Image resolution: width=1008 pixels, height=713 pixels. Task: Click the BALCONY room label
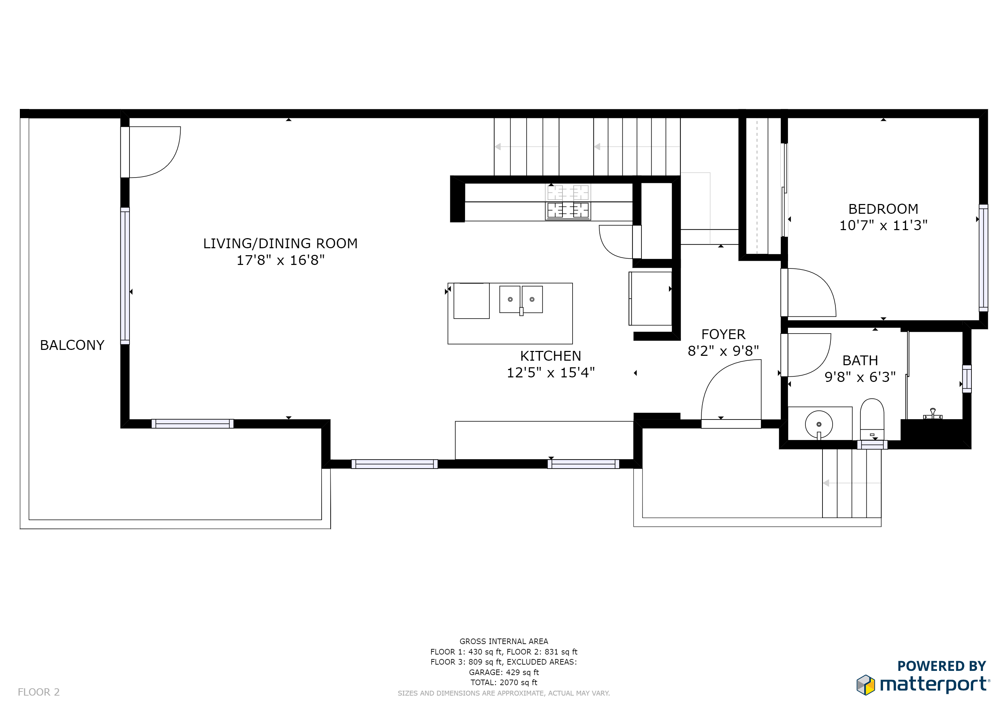coord(72,345)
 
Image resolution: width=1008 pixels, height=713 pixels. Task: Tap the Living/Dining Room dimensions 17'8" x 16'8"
coord(281,260)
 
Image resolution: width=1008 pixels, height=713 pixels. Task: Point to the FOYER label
coord(723,335)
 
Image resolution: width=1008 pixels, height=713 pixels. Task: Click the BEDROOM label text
coord(883,209)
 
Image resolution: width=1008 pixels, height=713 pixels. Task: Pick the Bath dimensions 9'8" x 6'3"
coord(860,377)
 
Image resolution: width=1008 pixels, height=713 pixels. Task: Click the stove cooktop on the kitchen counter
coord(568,202)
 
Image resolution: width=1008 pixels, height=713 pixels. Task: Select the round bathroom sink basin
coord(819,424)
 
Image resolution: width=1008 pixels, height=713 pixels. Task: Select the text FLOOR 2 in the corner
coord(39,692)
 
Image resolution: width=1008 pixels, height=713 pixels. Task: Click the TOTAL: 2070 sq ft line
coord(504,682)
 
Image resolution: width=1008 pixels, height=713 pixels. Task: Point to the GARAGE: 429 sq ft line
coord(504,672)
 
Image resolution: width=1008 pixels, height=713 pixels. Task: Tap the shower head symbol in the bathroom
coord(932,414)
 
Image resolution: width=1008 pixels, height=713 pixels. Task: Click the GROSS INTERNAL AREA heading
coord(504,641)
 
